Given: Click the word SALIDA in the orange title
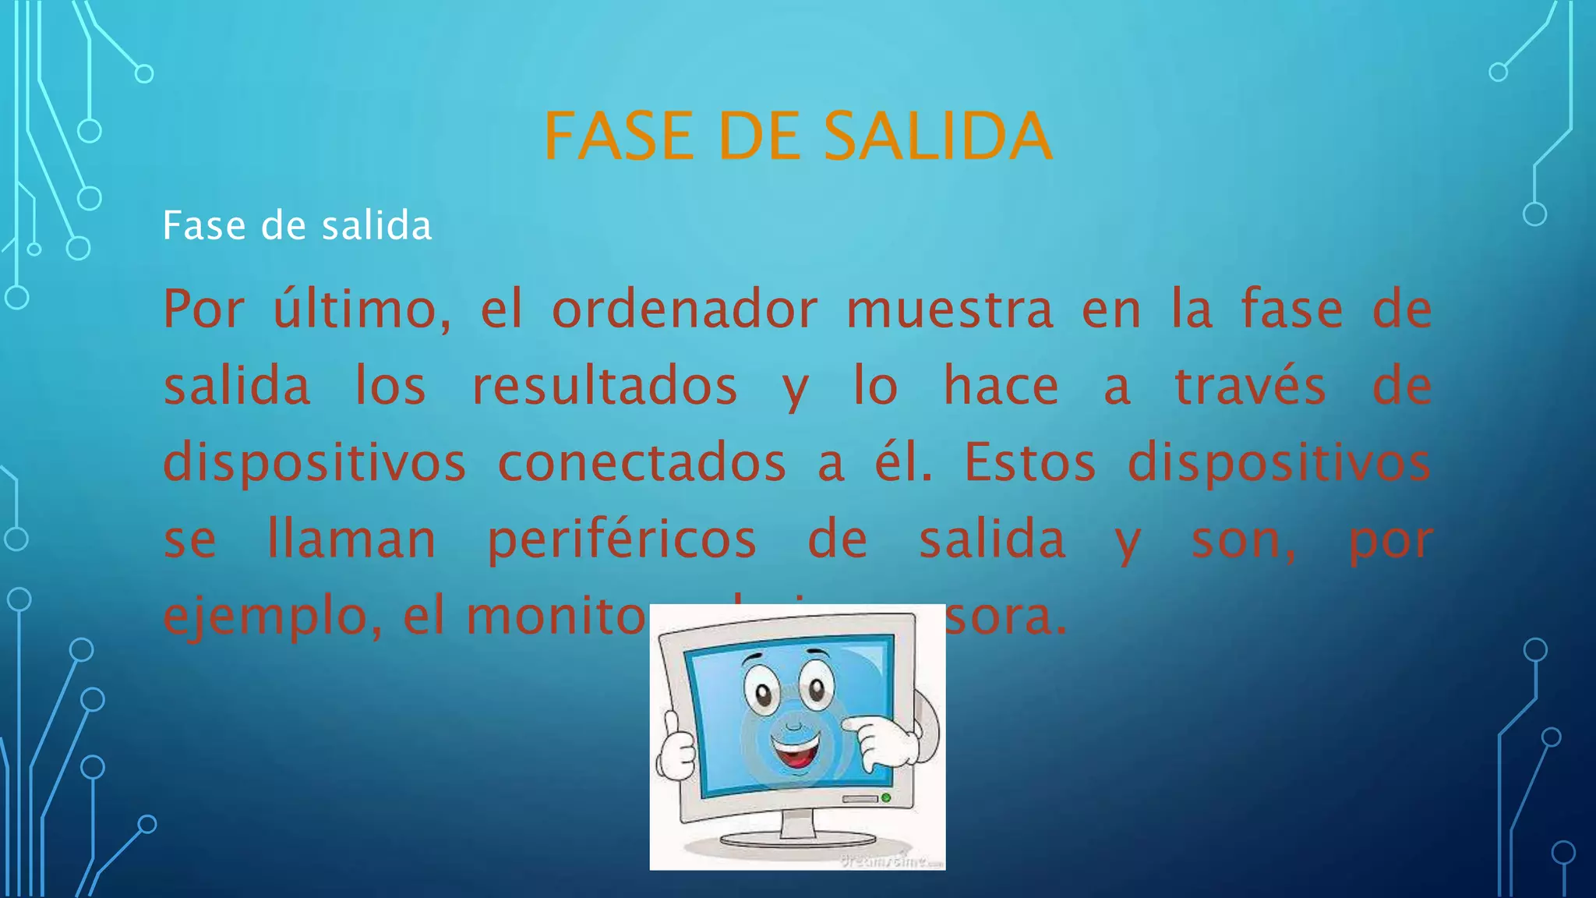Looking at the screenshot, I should point(937,136).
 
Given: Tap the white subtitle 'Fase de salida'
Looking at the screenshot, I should point(297,226).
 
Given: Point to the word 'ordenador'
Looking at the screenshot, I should point(685,309).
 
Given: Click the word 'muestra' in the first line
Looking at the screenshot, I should point(950,309).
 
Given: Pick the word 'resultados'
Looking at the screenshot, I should point(605,386).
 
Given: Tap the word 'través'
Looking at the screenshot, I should point(1250,386).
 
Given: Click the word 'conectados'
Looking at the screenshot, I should point(641,462).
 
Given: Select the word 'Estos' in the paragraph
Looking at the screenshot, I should point(1030,462).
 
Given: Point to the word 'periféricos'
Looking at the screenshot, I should point(622,539).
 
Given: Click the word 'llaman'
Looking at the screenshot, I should point(351,539).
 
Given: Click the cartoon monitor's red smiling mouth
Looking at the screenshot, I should point(796,752).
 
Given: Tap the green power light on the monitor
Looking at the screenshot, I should point(886,797).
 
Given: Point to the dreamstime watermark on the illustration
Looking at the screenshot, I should point(892,861).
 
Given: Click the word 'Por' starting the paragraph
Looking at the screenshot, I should point(203,309).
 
